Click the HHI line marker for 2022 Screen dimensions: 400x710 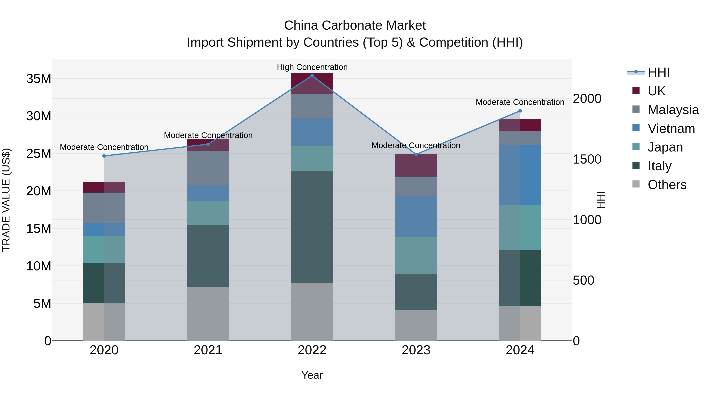(312, 76)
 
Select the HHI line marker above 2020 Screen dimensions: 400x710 (104, 156)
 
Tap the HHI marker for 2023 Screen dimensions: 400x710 (416, 154)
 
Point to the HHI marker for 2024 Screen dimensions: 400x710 (520, 111)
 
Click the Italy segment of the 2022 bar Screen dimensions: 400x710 (312, 227)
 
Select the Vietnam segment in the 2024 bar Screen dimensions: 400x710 (520, 175)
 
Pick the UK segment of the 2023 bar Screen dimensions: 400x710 (416, 165)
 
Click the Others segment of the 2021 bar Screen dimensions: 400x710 (208, 314)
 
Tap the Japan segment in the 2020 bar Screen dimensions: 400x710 (104, 250)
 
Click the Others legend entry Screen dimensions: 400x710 (667, 185)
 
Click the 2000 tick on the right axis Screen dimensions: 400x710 (587, 99)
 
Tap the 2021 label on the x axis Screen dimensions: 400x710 (208, 350)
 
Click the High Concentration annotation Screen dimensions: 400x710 (312, 67)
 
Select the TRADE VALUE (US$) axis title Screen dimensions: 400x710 (6, 200)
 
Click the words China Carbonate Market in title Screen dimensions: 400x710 (355, 25)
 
